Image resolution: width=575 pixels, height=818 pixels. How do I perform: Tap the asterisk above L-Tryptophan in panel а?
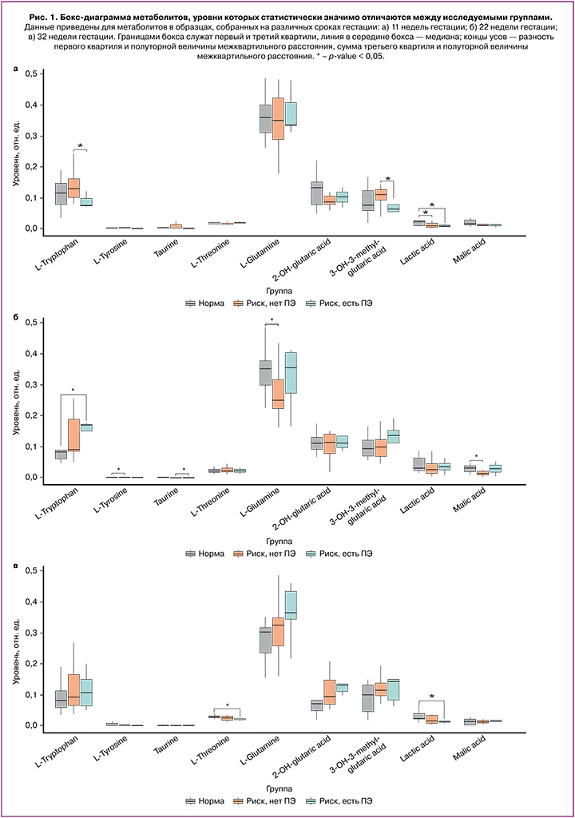(x=80, y=146)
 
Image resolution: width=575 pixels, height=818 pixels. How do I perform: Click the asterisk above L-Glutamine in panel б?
(x=272, y=321)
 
